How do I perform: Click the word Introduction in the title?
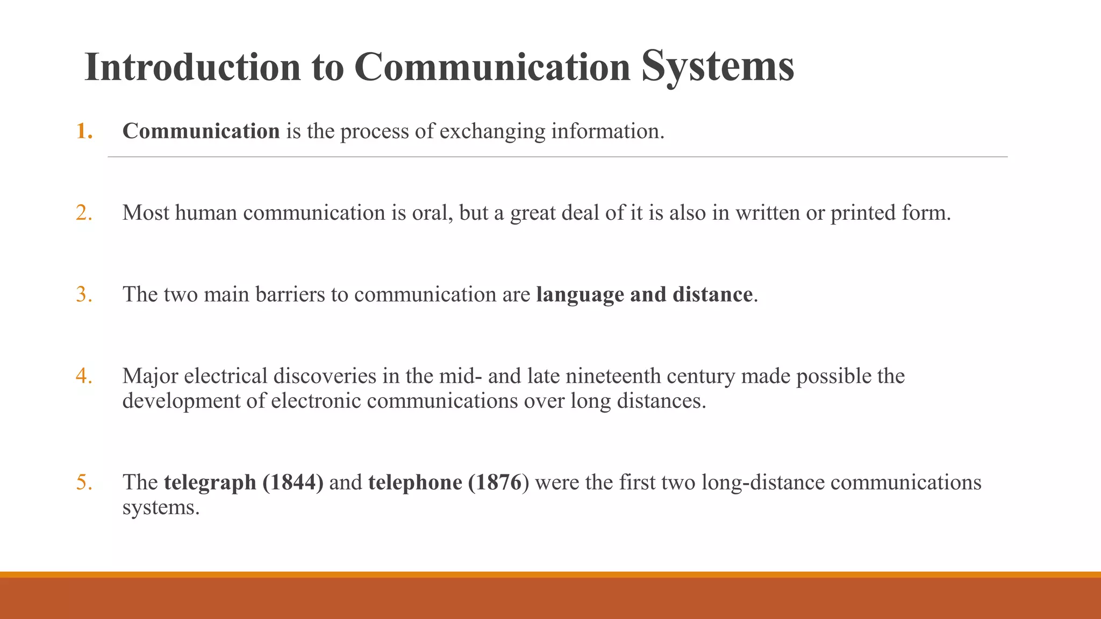point(192,67)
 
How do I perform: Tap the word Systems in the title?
point(718,67)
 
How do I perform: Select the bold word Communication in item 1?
point(201,131)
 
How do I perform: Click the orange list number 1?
point(84,131)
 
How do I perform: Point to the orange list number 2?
point(84,213)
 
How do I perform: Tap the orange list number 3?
point(84,294)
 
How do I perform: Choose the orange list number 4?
point(84,376)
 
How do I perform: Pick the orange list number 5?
point(84,483)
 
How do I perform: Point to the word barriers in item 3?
point(290,294)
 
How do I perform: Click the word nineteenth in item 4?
point(613,376)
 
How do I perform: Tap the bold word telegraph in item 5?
point(210,483)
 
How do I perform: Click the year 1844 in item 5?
point(295,483)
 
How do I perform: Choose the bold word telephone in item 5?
point(415,483)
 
